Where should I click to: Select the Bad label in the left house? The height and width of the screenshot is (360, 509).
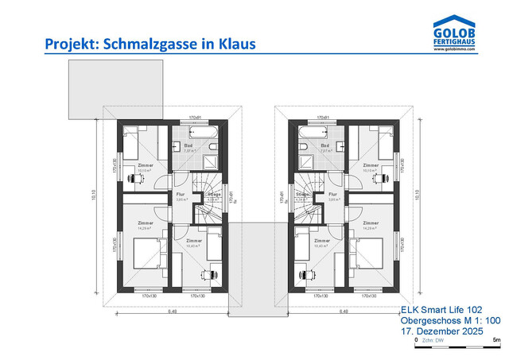tap(188, 146)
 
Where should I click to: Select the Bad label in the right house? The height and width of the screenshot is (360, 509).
tap(324, 146)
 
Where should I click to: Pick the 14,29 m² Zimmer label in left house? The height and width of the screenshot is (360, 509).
tap(145, 226)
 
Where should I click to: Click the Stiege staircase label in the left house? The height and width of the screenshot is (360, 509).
tap(213, 195)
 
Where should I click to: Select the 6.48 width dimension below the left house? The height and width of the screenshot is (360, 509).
tap(172, 312)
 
